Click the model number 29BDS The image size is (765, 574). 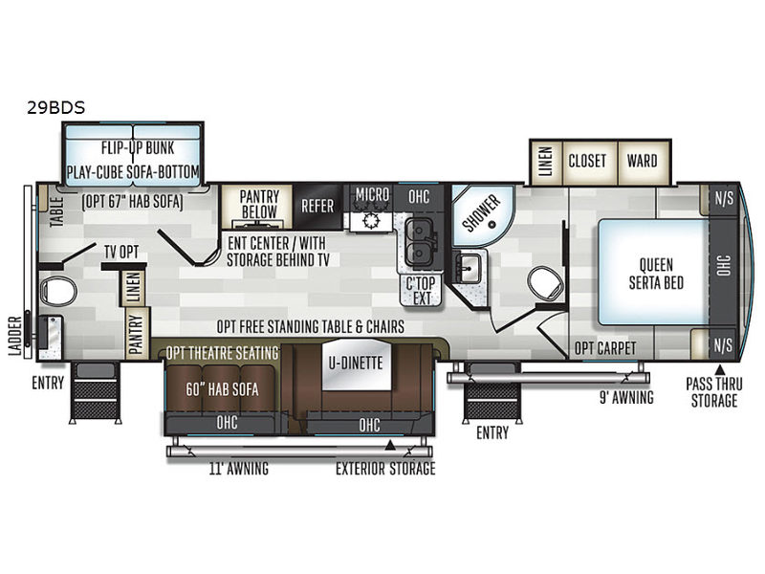[x=55, y=107]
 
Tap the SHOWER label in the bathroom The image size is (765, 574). [x=481, y=213]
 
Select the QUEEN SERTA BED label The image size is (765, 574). [x=656, y=274]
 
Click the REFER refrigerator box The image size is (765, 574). [x=317, y=206]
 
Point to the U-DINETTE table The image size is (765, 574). [x=356, y=364]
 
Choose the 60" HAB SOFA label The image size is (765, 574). [x=222, y=389]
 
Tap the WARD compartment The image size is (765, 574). [x=643, y=162]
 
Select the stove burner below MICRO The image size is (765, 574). [x=371, y=221]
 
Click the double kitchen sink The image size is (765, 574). [x=418, y=242]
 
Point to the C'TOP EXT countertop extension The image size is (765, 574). [x=421, y=291]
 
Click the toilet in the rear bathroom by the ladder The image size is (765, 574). [x=58, y=292]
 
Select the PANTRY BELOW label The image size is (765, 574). [x=259, y=204]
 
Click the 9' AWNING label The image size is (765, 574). [x=626, y=398]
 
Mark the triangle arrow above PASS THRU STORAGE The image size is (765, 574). [x=720, y=369]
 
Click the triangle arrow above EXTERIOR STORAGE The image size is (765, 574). [x=390, y=445]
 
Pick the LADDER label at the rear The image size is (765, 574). [x=15, y=336]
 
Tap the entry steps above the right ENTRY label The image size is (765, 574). [x=492, y=392]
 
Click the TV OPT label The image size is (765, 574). [x=121, y=253]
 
